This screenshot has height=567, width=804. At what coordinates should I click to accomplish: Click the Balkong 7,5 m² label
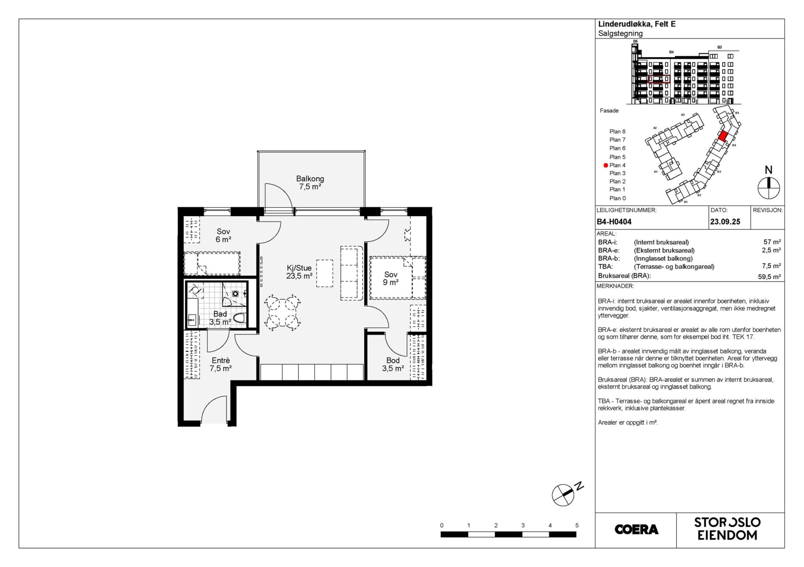point(310,183)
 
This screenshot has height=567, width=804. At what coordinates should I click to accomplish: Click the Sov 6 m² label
point(224,235)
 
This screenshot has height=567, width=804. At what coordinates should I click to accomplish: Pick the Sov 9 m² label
point(390,278)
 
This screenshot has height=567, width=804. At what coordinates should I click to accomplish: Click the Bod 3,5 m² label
point(393,365)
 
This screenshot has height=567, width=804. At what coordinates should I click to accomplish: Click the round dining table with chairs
point(282,312)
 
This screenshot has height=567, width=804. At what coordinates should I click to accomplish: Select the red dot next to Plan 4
point(606,165)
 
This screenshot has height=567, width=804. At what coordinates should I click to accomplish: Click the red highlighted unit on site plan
point(722,136)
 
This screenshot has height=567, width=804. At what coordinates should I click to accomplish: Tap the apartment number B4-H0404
point(614,221)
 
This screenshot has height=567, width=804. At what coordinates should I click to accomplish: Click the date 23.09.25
point(725,221)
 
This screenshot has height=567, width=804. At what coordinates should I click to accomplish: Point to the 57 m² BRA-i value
point(772,242)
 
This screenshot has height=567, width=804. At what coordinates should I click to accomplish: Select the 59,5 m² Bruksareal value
point(769,276)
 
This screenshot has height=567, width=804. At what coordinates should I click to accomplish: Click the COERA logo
point(636,529)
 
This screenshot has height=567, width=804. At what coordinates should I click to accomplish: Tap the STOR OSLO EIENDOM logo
point(727,529)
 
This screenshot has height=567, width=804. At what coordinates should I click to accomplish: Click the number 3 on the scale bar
point(523,525)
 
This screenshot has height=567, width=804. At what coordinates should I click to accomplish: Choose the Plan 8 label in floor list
point(617,132)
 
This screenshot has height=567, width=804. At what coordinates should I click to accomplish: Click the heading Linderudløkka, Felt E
point(637,24)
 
